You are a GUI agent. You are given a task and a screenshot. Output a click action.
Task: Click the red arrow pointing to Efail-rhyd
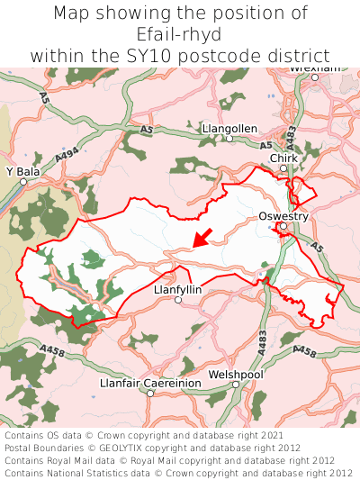click(202, 238)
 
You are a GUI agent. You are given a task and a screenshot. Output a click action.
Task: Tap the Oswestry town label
click(283, 216)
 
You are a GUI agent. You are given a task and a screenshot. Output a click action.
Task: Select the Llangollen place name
click(229, 129)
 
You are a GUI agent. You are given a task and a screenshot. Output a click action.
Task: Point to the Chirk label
click(283, 158)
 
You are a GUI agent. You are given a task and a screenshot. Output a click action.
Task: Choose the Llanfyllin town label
click(178, 290)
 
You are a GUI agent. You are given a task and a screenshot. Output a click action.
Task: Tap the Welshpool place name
click(235, 373)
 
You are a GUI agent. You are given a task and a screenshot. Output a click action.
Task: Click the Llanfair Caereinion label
click(150, 383)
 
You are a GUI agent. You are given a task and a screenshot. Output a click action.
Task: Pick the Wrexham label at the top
click(314, 68)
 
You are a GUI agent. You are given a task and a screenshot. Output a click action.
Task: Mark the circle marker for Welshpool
click(236, 385)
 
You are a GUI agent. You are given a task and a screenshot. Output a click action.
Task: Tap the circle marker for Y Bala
click(24, 181)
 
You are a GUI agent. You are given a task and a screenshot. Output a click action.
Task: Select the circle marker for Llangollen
click(229, 140)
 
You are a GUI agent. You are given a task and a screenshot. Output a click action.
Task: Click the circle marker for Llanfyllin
click(178, 301)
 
